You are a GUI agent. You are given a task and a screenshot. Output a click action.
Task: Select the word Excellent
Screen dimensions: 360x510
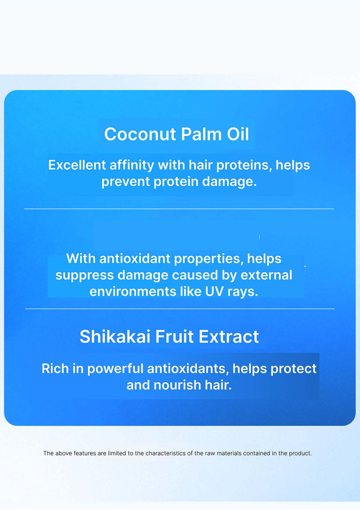pos(77,165)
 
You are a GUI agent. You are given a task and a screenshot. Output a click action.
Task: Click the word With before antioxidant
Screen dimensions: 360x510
pos(81,258)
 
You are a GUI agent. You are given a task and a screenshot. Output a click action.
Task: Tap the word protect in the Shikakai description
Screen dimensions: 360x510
pos(293,368)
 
